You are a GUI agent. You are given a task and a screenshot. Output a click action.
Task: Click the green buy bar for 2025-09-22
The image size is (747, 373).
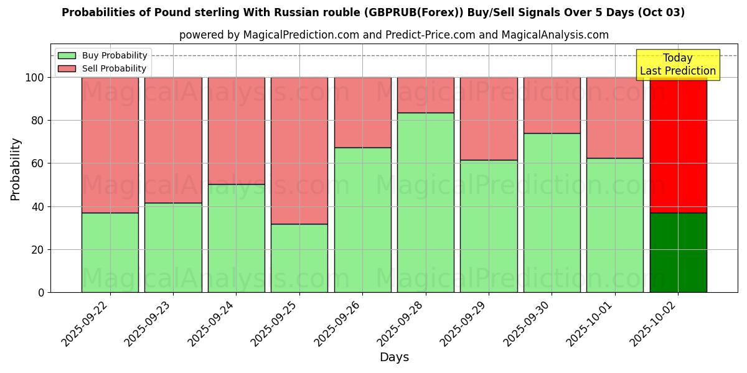click(x=110, y=252)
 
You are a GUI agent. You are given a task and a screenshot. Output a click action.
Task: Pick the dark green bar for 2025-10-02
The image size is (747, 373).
click(x=678, y=252)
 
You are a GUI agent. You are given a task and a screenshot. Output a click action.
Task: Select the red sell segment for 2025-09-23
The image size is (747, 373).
click(x=173, y=140)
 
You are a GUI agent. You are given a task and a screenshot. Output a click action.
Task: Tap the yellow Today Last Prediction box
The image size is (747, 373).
click(x=678, y=65)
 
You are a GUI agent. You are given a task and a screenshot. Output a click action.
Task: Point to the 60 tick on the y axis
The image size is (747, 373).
click(x=38, y=163)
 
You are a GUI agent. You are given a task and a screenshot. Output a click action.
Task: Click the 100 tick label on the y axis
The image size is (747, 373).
click(x=35, y=78)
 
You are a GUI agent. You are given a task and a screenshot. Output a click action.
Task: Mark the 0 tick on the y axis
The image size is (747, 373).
click(x=41, y=292)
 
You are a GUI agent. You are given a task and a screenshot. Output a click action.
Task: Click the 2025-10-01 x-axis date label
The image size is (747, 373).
click(x=594, y=323)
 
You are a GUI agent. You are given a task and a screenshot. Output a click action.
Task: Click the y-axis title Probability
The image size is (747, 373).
click(x=16, y=169)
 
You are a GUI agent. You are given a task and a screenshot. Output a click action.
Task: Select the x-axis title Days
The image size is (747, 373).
click(x=394, y=357)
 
